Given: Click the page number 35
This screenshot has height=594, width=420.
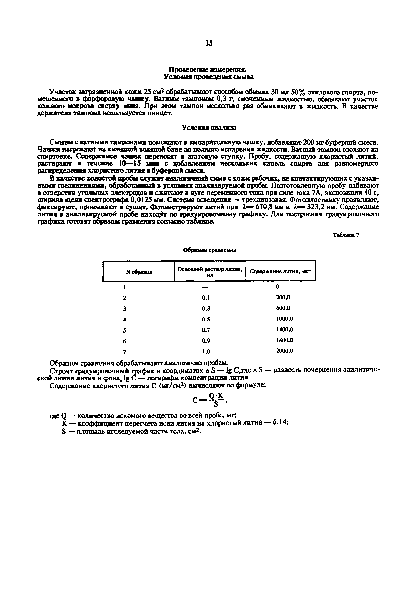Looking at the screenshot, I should coord(209,44).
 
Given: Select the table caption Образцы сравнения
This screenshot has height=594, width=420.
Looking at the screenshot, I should coord(210,250).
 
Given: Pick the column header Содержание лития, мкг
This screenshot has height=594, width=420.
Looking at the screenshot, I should coord(280,271).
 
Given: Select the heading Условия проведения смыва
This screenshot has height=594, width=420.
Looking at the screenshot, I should coord(209,77).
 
